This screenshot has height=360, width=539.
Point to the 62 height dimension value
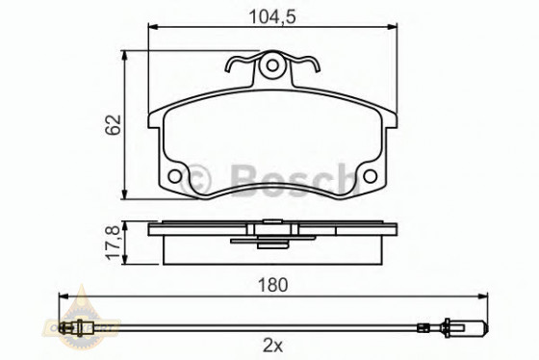coord(114,122)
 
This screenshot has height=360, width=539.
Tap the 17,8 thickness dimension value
coord(114,242)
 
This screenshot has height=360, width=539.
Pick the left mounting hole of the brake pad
coord(174,177)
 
